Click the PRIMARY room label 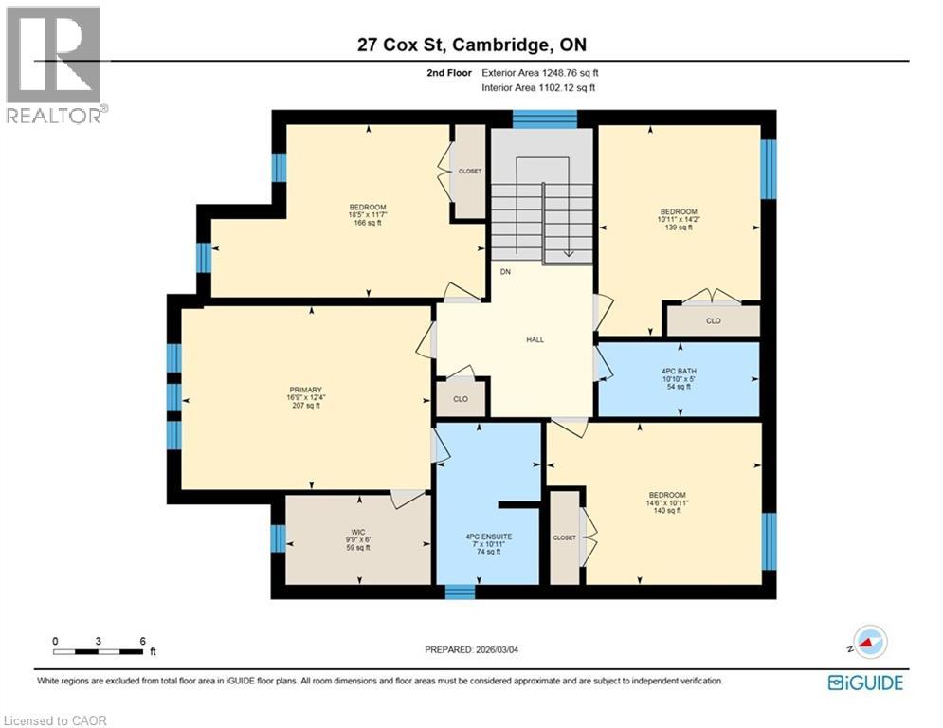pos(306,390)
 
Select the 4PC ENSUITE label pos(488,537)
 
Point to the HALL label pos(535,339)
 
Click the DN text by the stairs pos(506,271)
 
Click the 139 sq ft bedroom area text pos(679,227)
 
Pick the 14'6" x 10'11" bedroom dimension pos(667,502)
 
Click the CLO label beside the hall pos(461,399)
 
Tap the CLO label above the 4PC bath pos(714,321)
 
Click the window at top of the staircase pos(545,118)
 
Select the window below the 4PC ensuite pos(460,592)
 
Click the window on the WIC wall pos(277,538)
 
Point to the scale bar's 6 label pos(142,641)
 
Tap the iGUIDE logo pos(864,682)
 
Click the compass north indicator pos(868,643)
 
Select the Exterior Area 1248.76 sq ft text pos(540,72)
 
